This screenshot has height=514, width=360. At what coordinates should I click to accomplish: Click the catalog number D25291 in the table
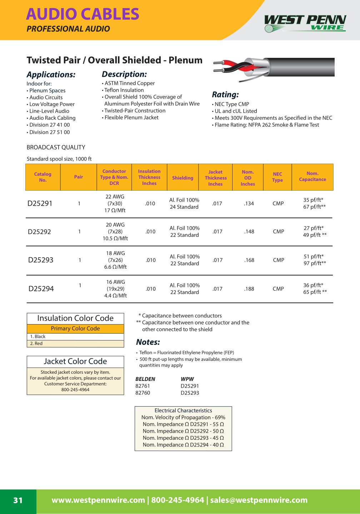[x=40, y=203]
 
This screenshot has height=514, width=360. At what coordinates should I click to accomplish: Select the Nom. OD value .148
[x=249, y=232]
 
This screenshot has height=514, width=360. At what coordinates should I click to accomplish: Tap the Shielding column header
[x=182, y=178]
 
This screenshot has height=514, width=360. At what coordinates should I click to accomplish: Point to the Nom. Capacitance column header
[x=312, y=176]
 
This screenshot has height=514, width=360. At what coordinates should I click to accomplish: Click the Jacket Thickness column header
[x=215, y=178]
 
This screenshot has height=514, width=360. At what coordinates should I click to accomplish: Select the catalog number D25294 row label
[x=41, y=289]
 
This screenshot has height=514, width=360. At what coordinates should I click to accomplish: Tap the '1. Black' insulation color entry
[x=38, y=337]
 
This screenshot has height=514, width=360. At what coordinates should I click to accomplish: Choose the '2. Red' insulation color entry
[x=36, y=344]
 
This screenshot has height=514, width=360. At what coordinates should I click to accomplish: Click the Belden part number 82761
[x=142, y=386]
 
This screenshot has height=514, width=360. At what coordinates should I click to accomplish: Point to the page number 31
[x=18, y=500]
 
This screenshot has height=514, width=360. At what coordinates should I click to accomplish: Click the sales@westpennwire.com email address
[x=259, y=500]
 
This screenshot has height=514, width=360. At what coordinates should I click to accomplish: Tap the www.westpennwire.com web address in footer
[x=98, y=500]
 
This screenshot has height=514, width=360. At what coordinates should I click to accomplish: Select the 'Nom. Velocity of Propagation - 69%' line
[x=183, y=417]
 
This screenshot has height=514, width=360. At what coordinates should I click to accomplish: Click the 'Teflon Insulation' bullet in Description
[x=124, y=90]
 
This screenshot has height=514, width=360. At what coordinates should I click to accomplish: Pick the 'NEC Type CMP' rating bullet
[x=232, y=104]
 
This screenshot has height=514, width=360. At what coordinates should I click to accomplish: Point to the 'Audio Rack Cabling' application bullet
[x=52, y=118]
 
